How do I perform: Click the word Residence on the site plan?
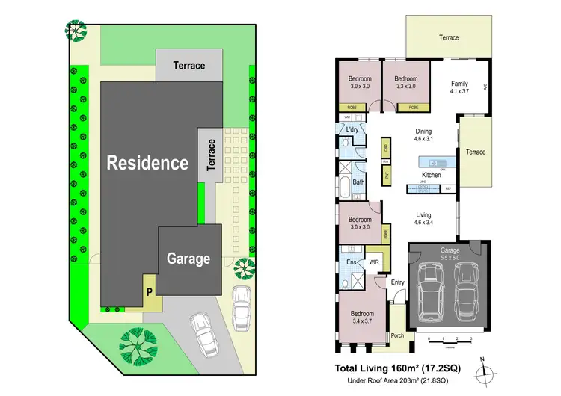point(147,163)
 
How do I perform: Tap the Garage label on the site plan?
point(188,259)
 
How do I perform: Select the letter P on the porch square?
point(150,291)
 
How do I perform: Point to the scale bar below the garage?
point(450,341)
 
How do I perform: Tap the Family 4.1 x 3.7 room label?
point(459,87)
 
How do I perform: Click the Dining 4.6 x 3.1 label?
point(425,135)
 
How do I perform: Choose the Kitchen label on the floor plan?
point(432,175)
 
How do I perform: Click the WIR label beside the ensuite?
point(374,262)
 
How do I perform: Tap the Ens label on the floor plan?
point(350,262)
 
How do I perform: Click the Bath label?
point(358,182)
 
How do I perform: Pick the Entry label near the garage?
point(396,282)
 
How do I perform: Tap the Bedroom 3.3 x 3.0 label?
point(405,82)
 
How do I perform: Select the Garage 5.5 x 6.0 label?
point(450,253)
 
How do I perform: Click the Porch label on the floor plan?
point(398,335)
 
